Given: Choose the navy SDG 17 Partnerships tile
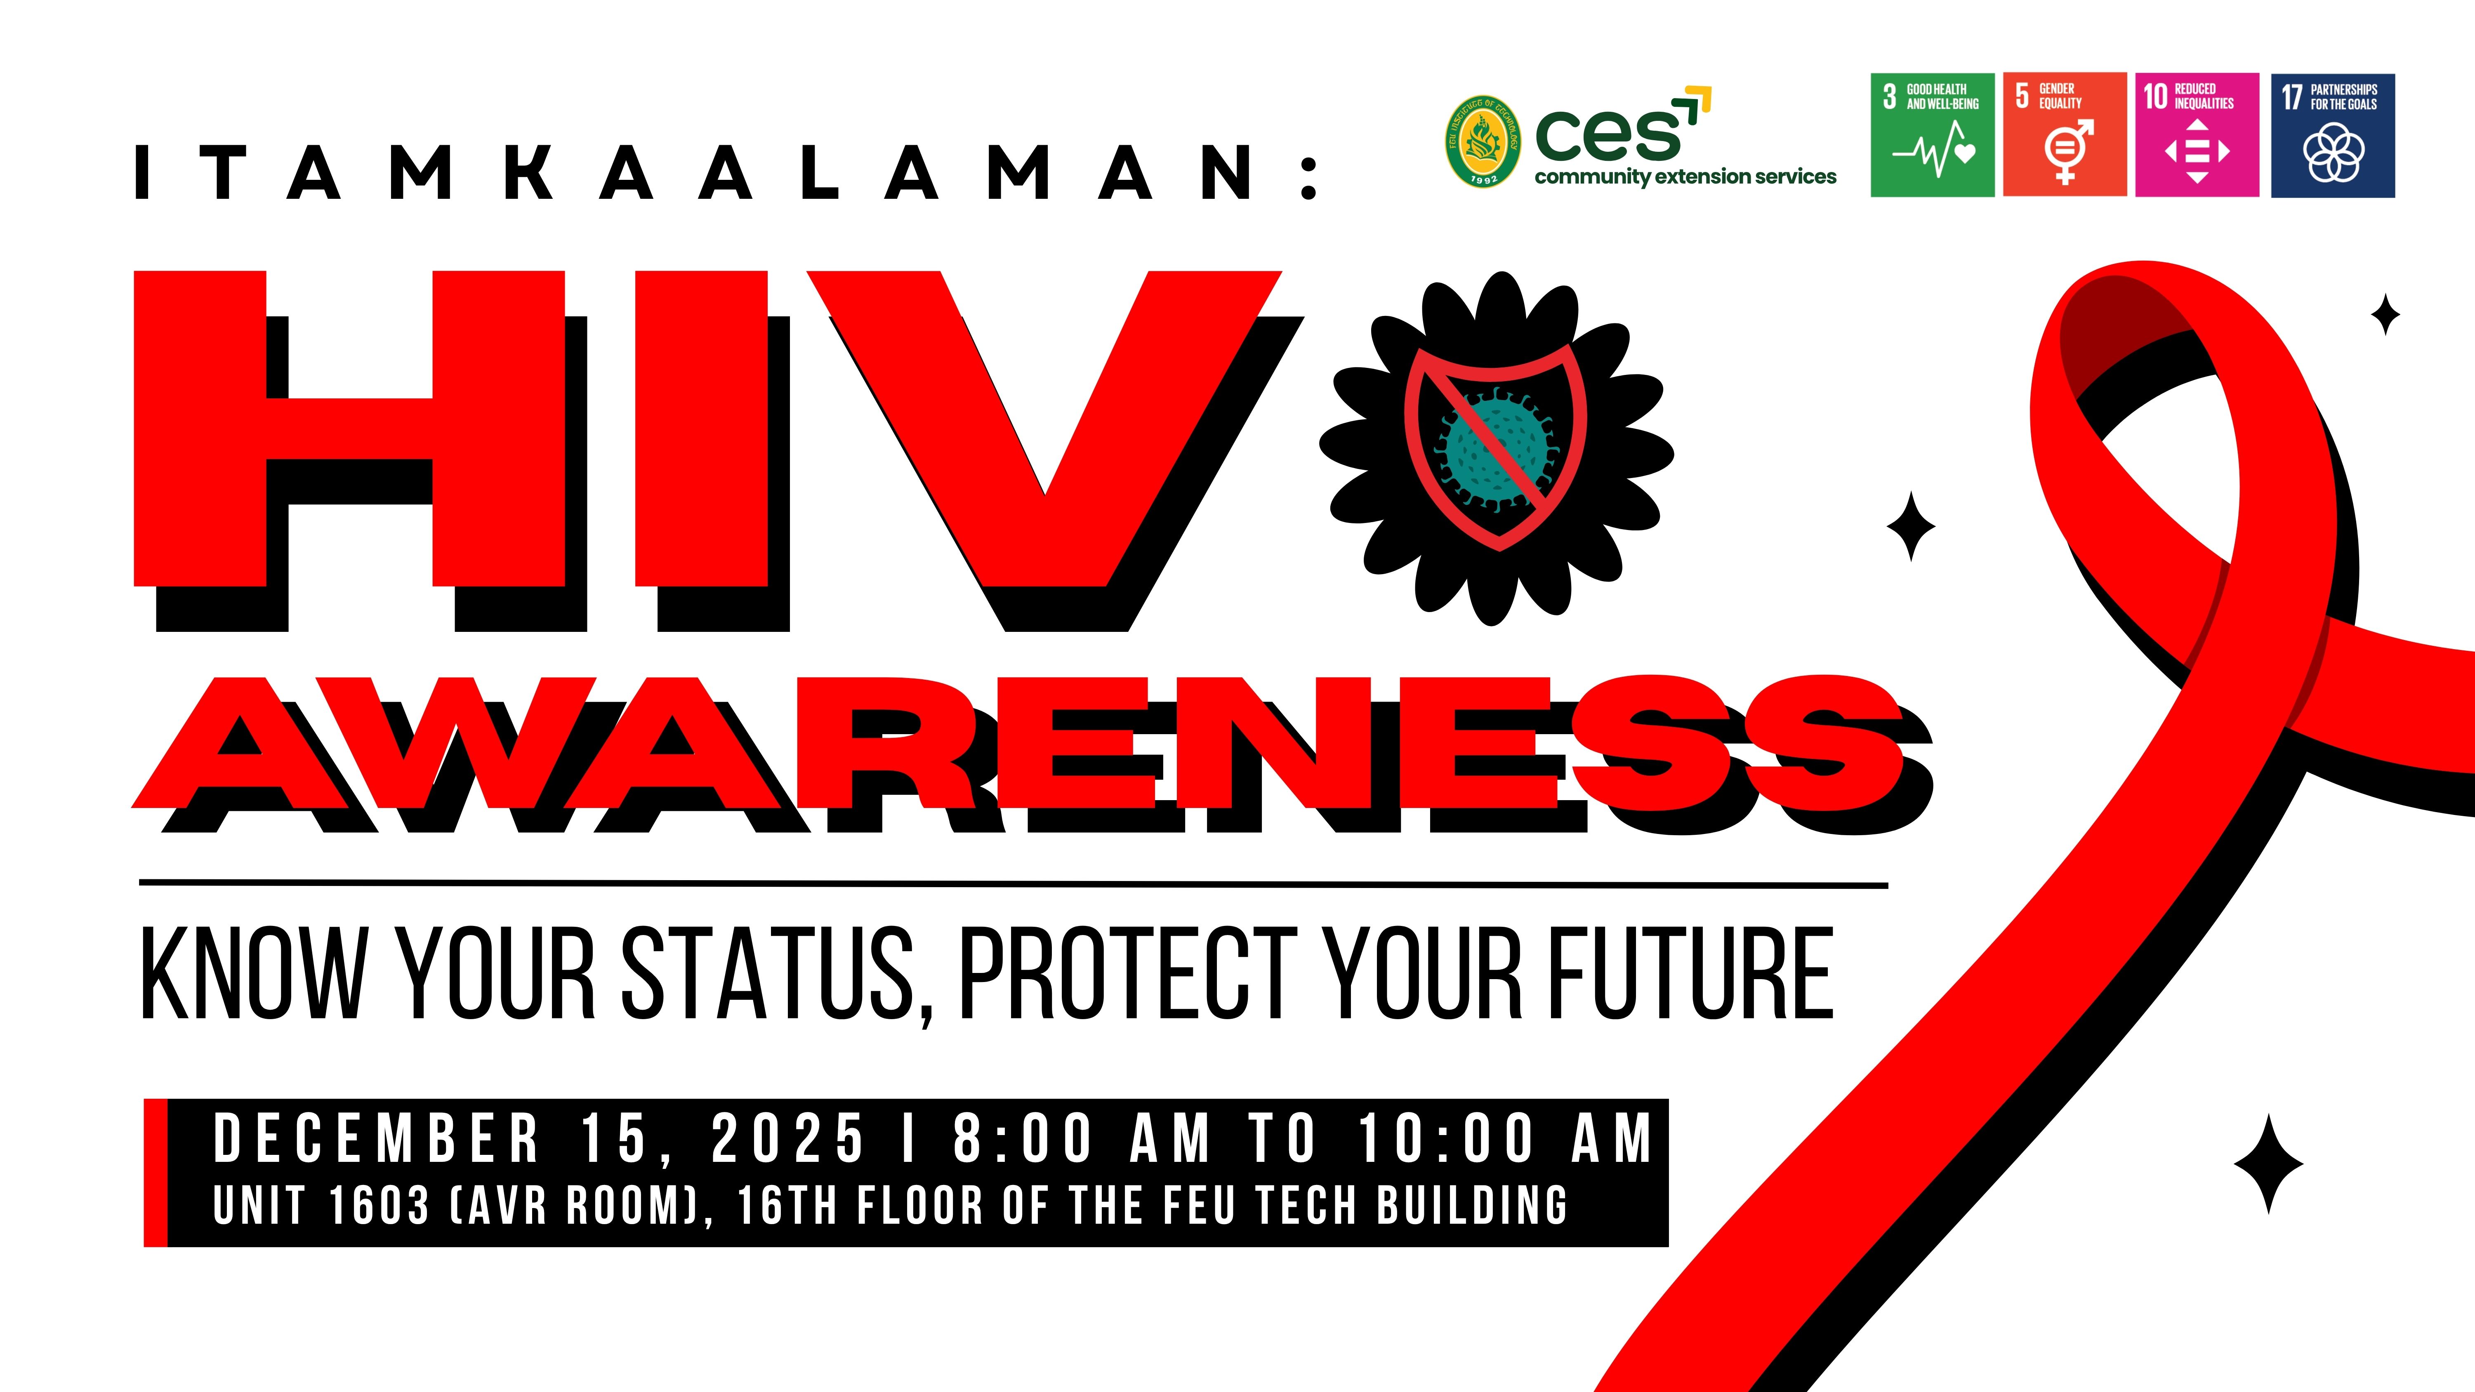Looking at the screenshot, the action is (2333, 135).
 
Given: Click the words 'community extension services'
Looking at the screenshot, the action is (1685, 177).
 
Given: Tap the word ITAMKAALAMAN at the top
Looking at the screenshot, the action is (727, 173).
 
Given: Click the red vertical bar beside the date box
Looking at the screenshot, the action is (156, 1173).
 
